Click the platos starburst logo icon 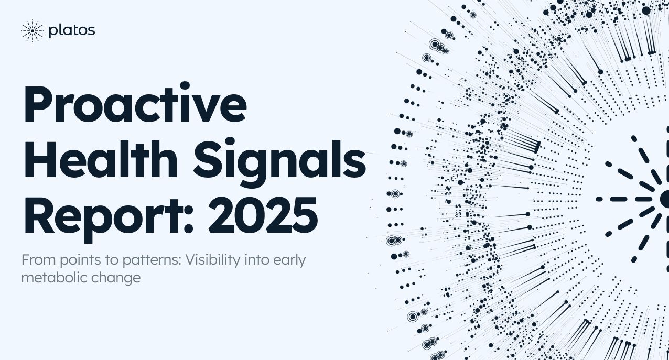(32, 31)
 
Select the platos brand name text (71, 31)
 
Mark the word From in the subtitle (35, 260)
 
